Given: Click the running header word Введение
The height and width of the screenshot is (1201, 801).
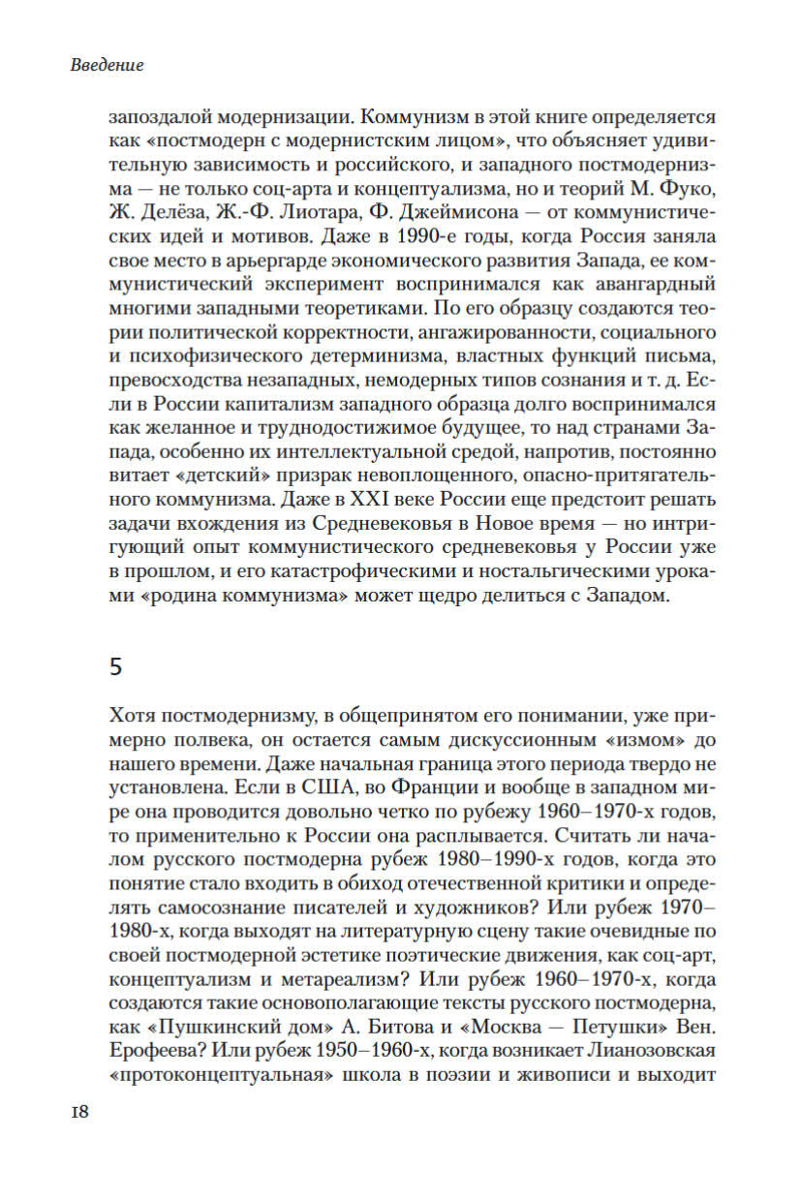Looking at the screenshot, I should pos(108,66).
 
